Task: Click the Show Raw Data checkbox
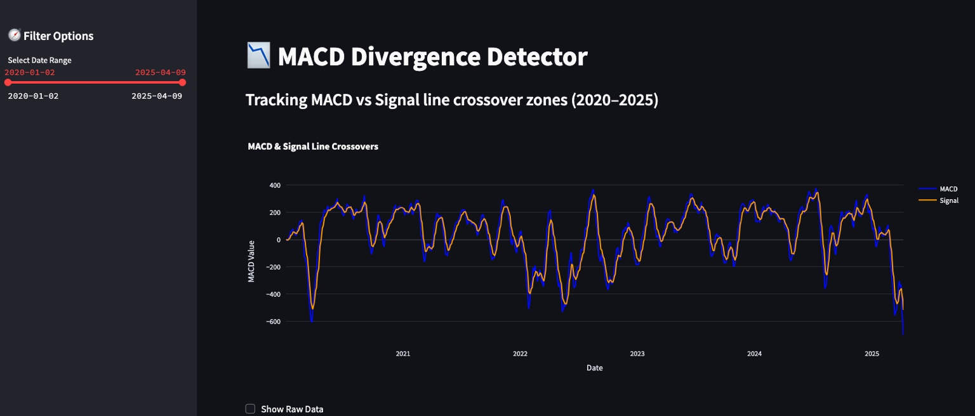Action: coord(250,409)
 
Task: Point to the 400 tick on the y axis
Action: coord(274,185)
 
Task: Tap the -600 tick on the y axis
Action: coord(273,322)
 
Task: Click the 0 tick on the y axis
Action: coord(278,240)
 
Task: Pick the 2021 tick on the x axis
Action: coord(402,353)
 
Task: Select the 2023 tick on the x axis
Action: coord(637,353)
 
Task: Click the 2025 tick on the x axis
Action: coord(872,353)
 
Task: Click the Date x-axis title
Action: coord(594,368)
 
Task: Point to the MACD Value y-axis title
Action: coord(251,261)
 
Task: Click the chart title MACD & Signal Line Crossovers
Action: coord(313,146)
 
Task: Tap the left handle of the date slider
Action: coord(8,82)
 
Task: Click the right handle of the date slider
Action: coord(182,82)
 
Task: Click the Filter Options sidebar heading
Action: coord(58,36)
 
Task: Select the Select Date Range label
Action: coord(39,60)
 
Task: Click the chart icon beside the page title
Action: coord(258,56)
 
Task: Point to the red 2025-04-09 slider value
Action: coord(160,72)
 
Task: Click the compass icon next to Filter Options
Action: coord(14,36)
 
